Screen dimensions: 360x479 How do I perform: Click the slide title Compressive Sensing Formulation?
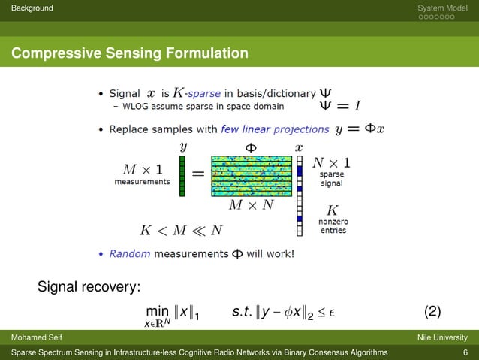[129, 53]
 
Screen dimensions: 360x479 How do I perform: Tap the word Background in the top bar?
[27, 8]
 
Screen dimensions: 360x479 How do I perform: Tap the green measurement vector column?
[182, 176]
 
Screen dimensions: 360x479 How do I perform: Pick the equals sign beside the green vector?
[198, 174]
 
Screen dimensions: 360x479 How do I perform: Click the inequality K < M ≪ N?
[181, 229]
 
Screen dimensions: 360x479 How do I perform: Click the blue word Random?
[125, 254]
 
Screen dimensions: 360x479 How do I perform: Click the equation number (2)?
[432, 311]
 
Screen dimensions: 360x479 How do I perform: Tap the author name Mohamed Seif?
[28, 337]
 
